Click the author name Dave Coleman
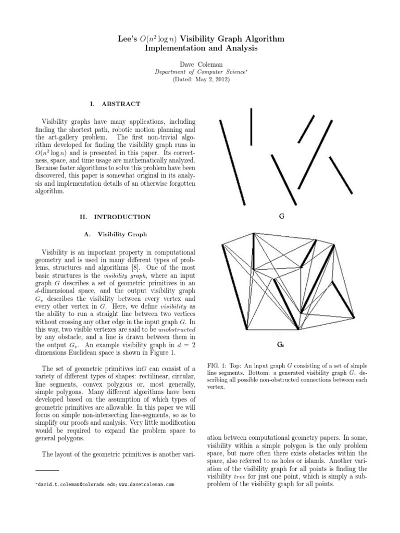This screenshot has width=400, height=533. (201, 63)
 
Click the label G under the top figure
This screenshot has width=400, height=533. (281, 216)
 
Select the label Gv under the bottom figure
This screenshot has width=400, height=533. (280, 346)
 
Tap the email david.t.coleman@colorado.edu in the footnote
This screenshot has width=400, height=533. (76, 485)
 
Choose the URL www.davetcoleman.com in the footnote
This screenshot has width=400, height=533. (147, 485)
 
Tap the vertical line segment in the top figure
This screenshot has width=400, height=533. (252, 126)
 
